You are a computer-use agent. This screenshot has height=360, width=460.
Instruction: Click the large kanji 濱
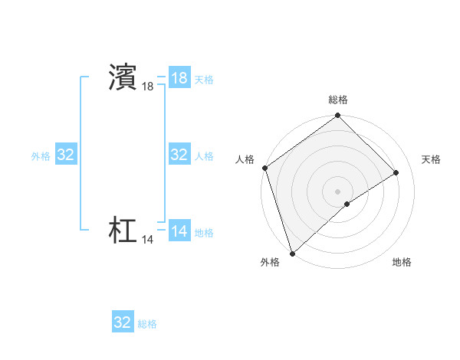pyautogui.click(x=123, y=77)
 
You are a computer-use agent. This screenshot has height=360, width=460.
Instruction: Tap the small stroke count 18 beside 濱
pyautogui.click(x=147, y=87)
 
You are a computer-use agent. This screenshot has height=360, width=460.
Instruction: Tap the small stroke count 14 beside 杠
pyautogui.click(x=147, y=240)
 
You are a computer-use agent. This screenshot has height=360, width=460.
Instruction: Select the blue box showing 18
pyautogui.click(x=179, y=78)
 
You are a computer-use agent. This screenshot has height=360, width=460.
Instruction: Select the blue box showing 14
pyautogui.click(x=179, y=231)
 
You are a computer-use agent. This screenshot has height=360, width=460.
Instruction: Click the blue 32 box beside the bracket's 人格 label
pyautogui.click(x=179, y=155)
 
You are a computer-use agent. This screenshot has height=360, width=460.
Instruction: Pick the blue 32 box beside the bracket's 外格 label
pyautogui.click(x=66, y=155)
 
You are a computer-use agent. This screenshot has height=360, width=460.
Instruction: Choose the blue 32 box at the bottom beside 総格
pyautogui.click(x=123, y=322)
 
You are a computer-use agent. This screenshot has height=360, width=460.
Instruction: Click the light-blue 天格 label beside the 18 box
pyautogui.click(x=204, y=80)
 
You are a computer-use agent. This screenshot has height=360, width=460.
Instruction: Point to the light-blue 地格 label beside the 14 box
pyautogui.click(x=204, y=233)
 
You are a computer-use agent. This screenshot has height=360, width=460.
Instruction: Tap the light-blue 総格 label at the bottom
pyautogui.click(x=147, y=324)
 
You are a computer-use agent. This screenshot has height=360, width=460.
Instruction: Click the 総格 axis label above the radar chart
pyautogui.click(x=338, y=100)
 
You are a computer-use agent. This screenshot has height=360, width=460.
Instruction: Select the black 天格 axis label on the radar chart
pyautogui.click(x=432, y=159)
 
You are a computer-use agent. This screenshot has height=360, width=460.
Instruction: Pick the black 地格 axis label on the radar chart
pyautogui.click(x=402, y=262)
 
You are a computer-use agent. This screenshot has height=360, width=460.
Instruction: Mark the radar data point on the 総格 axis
pyautogui.click(x=338, y=116)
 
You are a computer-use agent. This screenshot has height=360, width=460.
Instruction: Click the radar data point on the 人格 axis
pyautogui.click(x=264, y=168)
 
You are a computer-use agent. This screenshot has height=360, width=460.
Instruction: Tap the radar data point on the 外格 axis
pyautogui.click(x=292, y=252)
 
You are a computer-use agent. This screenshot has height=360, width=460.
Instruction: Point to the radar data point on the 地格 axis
pyautogui.click(x=347, y=204)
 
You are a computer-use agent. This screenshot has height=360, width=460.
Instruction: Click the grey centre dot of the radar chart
pyautogui.click(x=338, y=191)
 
